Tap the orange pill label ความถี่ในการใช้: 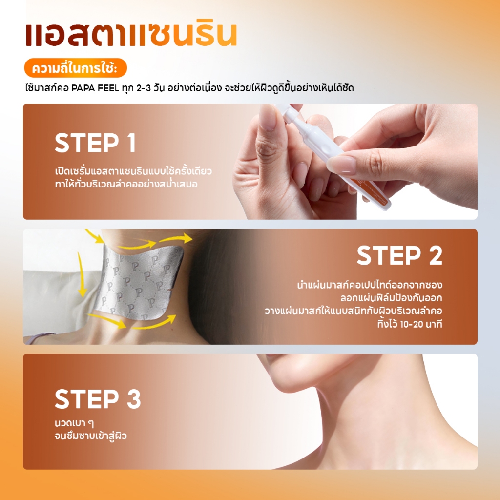tap(75, 68)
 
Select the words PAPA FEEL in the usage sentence tap(95, 88)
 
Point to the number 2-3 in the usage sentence tap(144, 88)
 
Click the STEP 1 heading tap(95, 143)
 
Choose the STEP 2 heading tap(399, 255)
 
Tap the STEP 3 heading tap(98, 398)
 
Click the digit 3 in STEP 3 tap(134, 398)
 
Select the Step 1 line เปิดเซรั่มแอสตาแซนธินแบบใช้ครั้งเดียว tap(133, 171)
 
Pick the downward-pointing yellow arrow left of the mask tap(82, 274)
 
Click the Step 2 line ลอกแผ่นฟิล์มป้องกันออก tap(391, 298)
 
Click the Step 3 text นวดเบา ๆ tap(74, 423)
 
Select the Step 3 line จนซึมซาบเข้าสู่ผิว tap(91, 436)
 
